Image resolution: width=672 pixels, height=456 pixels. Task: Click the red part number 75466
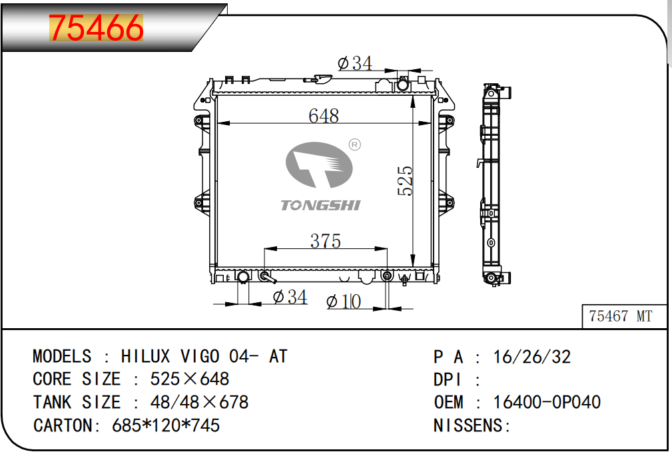pyautogui.click(x=96, y=28)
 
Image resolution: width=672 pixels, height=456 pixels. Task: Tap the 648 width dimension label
pyautogui.click(x=324, y=116)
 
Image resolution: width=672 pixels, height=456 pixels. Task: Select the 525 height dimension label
pyautogui.click(x=405, y=181)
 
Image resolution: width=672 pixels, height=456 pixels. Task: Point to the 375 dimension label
pyautogui.click(x=326, y=241)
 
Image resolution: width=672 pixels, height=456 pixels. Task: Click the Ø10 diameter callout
pyautogui.click(x=344, y=302)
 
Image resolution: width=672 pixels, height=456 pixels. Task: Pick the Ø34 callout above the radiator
pyautogui.click(x=355, y=63)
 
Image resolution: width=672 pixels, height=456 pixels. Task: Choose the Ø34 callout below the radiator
pyautogui.click(x=290, y=297)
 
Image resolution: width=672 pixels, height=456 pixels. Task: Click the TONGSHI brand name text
pyautogui.click(x=320, y=205)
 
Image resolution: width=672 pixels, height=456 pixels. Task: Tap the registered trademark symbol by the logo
pyautogui.click(x=355, y=145)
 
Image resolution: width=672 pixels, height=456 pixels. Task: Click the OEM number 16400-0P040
pyautogui.click(x=547, y=402)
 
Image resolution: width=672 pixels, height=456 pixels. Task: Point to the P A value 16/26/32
pyautogui.click(x=532, y=357)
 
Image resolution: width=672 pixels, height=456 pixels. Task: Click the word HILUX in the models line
pyautogui.click(x=145, y=356)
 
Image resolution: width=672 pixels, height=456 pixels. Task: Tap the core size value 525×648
pyautogui.click(x=190, y=379)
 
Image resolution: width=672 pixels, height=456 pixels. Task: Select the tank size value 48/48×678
pyautogui.click(x=199, y=402)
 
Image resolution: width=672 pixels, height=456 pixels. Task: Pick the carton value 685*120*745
pyautogui.click(x=166, y=425)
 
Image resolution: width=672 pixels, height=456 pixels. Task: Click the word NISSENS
pyautogui.click(x=468, y=425)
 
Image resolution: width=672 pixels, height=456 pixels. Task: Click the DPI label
pyautogui.click(x=448, y=379)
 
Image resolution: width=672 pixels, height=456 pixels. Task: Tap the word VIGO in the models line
pyautogui.click(x=200, y=356)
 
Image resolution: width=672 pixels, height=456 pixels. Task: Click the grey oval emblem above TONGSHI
pyautogui.click(x=319, y=165)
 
